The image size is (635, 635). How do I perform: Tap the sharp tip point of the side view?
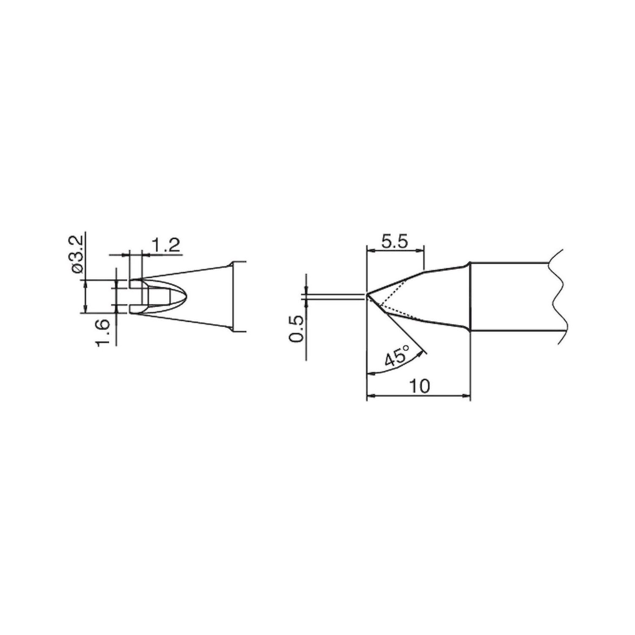pos(367,295)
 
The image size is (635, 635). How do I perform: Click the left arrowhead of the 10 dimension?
pos(369,396)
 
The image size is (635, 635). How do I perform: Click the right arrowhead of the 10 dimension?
pos(467,396)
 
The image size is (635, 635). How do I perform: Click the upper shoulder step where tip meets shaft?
pos(469,265)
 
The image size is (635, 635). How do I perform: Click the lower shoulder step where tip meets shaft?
pos(469,329)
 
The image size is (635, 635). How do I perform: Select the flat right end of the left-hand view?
pos(233,296)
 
